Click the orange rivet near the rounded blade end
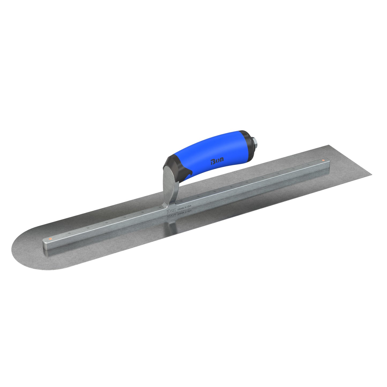[50, 238]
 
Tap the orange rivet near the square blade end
[323, 160]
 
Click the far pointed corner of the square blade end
[371, 175]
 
